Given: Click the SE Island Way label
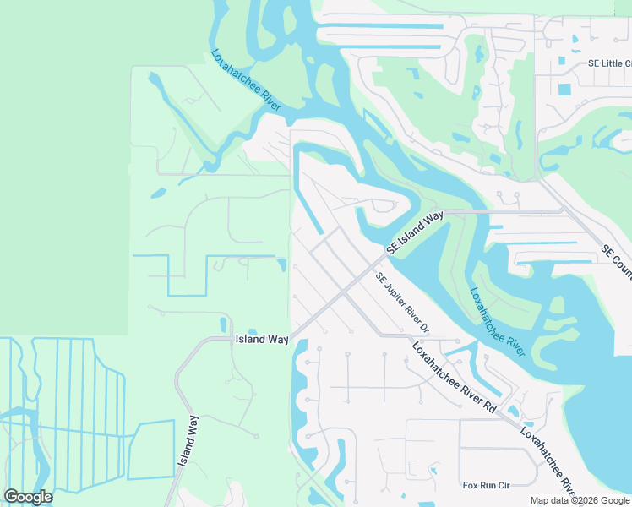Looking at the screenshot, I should (x=415, y=233).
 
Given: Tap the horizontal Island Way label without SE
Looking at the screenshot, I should (x=261, y=339).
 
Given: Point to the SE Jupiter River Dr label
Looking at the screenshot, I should (x=403, y=303).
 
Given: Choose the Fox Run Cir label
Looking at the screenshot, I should (x=487, y=485).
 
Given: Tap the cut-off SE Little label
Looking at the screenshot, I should (x=609, y=63).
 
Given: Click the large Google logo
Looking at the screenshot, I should (x=28, y=497).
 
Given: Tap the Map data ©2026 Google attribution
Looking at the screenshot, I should (x=580, y=500).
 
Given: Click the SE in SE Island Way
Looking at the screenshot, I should (x=393, y=249).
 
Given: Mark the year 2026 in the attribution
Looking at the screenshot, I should (x=578, y=500).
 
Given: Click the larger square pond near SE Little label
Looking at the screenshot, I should (x=564, y=89).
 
